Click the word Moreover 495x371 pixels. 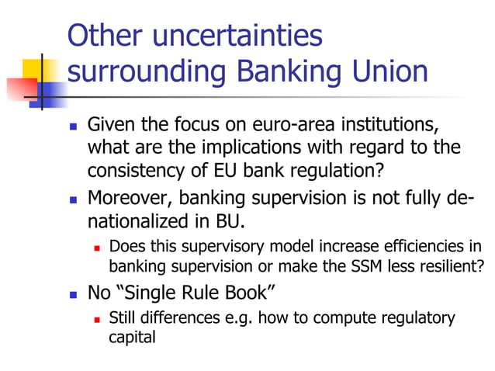(124, 199)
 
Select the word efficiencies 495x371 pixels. (427, 248)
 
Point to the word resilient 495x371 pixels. (454, 266)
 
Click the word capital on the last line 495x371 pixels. (132, 337)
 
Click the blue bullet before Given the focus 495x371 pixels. (74, 126)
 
